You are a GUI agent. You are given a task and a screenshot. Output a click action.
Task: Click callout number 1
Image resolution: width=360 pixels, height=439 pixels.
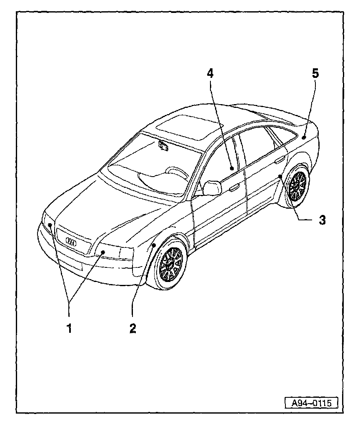click(69, 328)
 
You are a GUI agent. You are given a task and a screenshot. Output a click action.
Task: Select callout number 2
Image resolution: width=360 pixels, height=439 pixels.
click(132, 328)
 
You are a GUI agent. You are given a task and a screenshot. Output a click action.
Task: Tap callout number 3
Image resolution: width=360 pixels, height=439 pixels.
click(322, 219)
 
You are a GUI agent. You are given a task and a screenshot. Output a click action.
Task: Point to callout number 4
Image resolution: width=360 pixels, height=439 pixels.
click(210, 74)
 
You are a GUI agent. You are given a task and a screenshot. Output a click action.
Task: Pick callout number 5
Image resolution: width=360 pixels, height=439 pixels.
click(315, 74)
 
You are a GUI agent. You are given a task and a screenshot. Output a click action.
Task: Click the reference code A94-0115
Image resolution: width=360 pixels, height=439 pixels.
click(311, 403)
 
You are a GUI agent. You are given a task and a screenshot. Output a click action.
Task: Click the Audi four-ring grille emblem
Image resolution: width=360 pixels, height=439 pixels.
click(71, 241)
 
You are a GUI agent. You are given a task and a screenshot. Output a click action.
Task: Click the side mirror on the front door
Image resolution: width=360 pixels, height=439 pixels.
click(212, 188)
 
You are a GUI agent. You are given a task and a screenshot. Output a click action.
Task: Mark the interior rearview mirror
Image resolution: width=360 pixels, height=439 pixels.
click(163, 146)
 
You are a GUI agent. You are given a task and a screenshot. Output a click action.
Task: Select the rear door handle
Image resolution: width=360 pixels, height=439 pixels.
click(280, 159)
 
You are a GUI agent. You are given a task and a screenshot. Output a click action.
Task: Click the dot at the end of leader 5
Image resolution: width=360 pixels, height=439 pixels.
click(305, 136)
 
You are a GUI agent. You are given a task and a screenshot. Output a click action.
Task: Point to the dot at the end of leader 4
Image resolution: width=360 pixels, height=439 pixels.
click(231, 168)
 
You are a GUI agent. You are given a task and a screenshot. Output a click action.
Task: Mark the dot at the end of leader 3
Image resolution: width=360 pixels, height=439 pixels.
click(280, 177)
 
